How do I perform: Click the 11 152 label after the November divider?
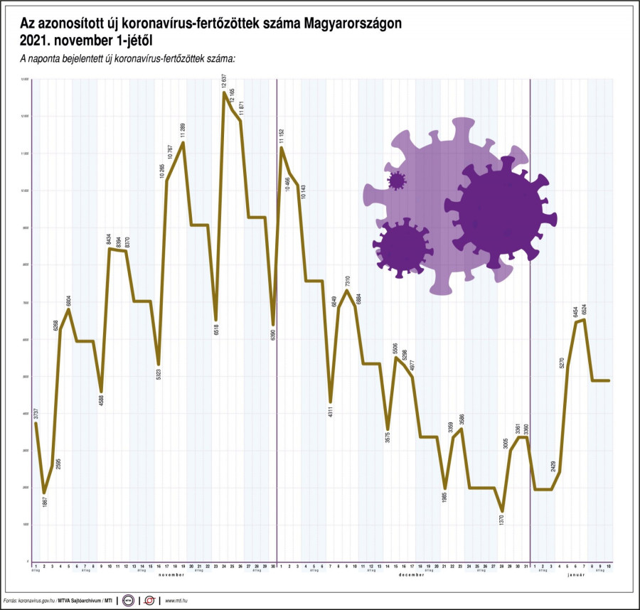click(282, 135)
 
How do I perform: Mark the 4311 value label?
click(331, 414)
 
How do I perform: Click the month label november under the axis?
click(171, 574)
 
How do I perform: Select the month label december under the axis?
click(411, 574)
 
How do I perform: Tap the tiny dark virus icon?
click(396, 181)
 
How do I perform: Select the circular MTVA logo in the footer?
click(128, 600)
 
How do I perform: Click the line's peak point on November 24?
click(224, 92)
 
